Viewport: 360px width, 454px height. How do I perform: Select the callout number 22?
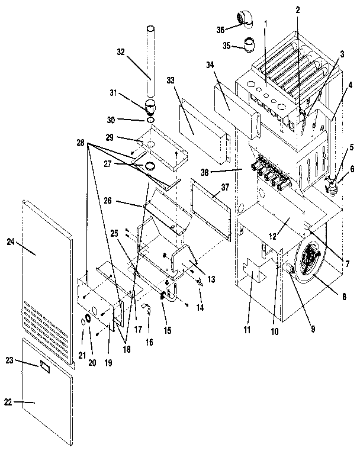point(8,403)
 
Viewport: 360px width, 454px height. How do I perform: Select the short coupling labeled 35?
point(250,44)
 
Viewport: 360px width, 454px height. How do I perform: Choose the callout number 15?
point(168,329)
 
